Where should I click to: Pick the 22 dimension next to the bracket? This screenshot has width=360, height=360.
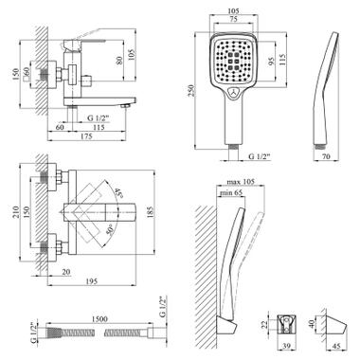(x=265, y=325)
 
